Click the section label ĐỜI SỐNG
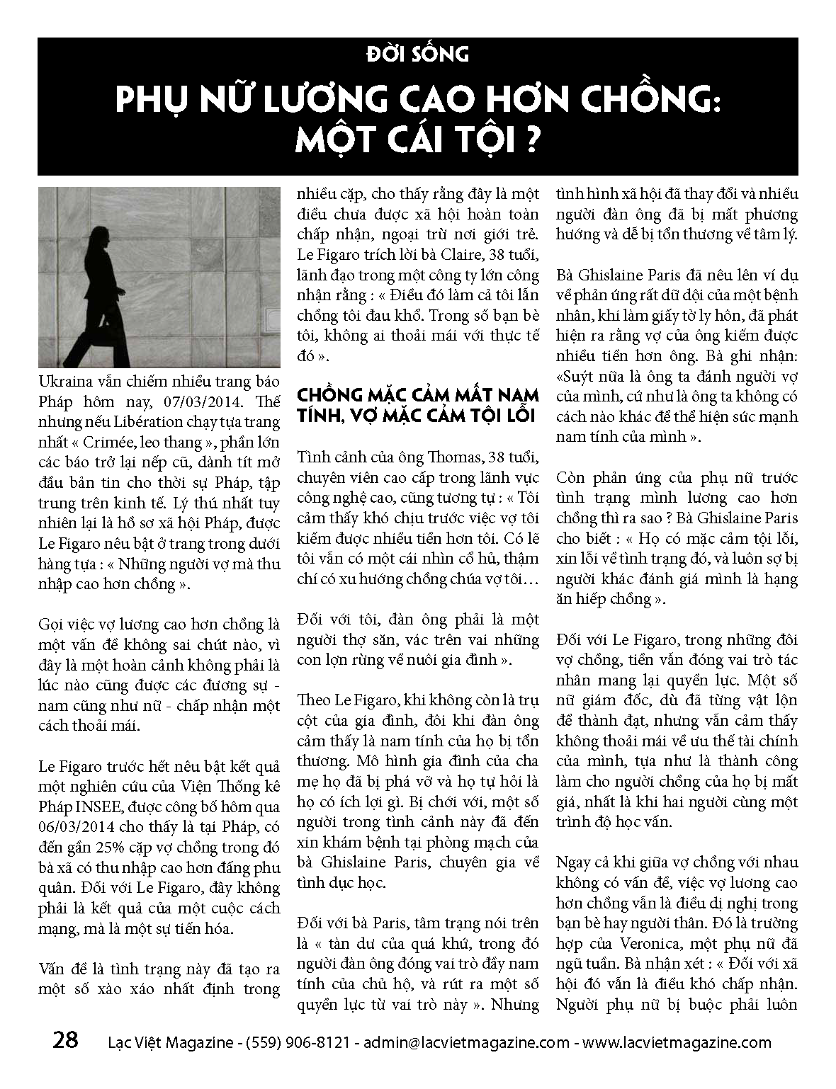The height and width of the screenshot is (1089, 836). (417, 54)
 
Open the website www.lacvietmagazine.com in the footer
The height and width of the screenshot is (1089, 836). (676, 1042)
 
